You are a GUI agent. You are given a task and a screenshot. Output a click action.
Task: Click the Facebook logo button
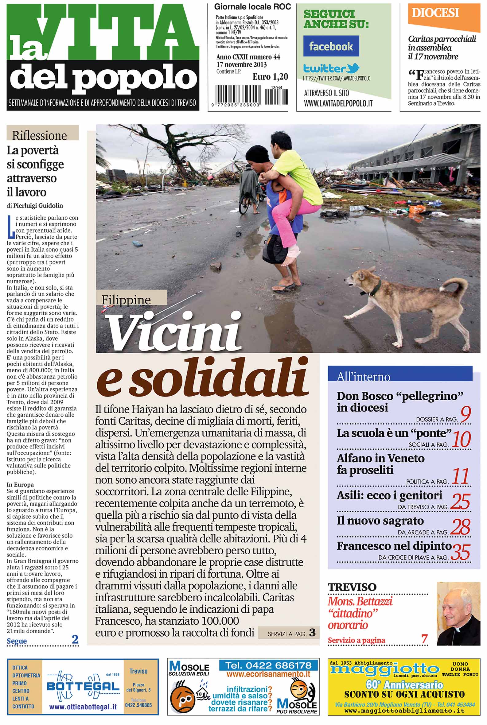pos(331,46)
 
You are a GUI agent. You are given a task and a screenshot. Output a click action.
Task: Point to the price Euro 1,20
pos(270,77)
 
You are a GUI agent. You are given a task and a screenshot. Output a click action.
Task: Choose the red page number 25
pos(461,501)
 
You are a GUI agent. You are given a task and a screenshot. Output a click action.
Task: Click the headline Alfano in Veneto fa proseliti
pos(380,464)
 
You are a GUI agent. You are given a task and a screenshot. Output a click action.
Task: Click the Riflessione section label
pos(39,135)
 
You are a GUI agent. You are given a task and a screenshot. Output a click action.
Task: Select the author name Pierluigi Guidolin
pos(38,206)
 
